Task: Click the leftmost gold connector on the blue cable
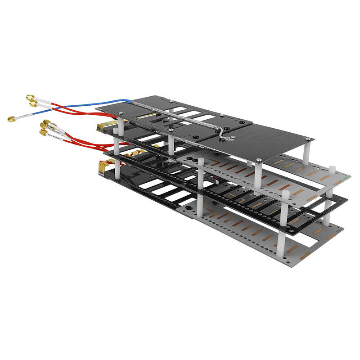pos(10,119)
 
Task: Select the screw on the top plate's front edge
pos(259,159)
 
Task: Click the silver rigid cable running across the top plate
pos(180,117)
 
